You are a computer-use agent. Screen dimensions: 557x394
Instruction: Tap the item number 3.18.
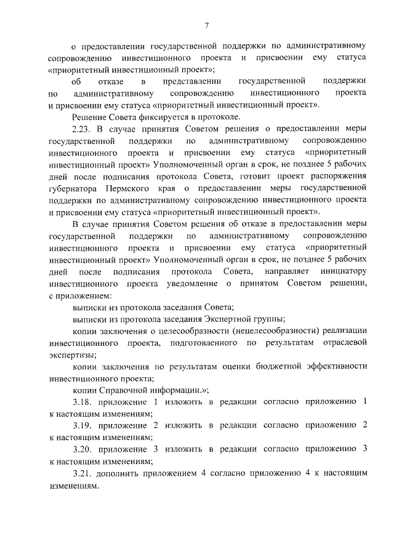point(82,401)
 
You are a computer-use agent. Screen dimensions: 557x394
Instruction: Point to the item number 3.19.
point(82,425)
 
